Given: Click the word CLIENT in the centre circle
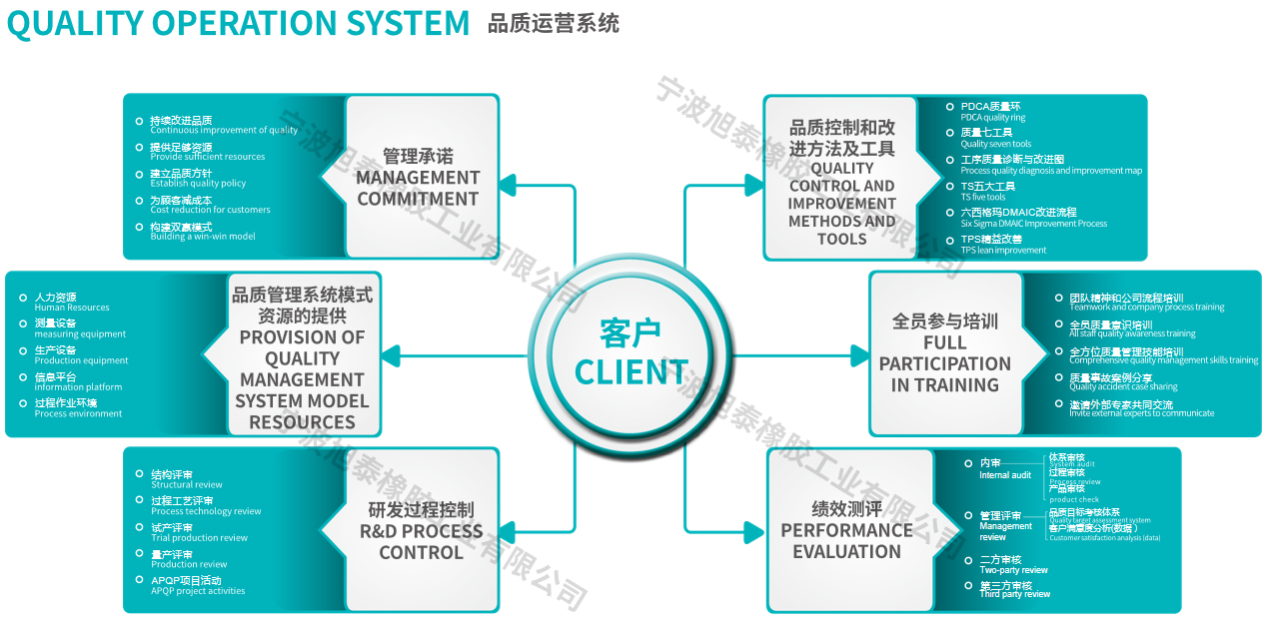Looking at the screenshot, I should pos(632,372).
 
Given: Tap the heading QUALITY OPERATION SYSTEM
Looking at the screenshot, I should pos(238,23).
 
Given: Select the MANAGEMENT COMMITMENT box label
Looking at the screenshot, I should pos(418,188).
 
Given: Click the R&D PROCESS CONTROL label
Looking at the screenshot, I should pos(421,541).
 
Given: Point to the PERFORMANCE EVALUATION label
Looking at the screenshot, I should pos(846,540).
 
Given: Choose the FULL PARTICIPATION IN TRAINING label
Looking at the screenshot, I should pos(944,363).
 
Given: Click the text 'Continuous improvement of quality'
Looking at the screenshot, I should pos(224,130).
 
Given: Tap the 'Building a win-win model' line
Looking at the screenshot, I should pos(203,237).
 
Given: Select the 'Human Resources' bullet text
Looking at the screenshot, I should pos(72,308).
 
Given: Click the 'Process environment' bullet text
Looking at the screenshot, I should pos(78,413).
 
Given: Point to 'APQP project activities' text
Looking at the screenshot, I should pos(198,591).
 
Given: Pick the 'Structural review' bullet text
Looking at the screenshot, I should pos(187,485).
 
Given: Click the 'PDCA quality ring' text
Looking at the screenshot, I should pos(993,118).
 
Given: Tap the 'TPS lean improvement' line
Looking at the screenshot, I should pos(1003,251).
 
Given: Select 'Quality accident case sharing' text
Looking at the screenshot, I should pos(1123,386).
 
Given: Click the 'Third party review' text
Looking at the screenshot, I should pos(1014,594).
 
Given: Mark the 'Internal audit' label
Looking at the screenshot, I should pos(1005,475).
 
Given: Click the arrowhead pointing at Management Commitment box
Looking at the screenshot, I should pos(509,186).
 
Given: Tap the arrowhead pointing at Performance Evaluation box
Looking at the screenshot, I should pos(754,530).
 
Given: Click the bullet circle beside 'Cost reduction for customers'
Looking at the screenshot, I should pos(140,201).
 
